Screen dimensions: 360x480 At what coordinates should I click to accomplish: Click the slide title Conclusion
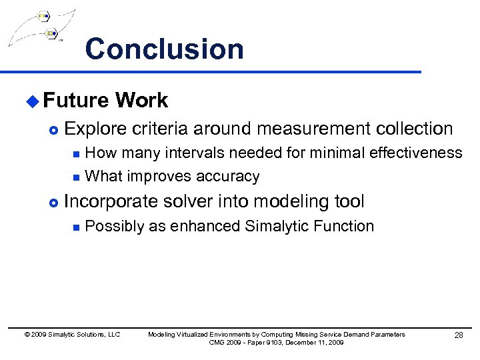click(164, 49)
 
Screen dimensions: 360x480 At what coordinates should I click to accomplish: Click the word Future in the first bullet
click(75, 101)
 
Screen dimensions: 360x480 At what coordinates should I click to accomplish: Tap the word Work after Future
click(141, 101)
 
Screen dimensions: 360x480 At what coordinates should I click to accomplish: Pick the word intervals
click(193, 153)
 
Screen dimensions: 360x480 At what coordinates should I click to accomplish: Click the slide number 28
click(458, 335)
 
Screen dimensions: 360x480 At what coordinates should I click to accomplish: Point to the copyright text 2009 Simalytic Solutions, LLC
click(75, 335)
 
